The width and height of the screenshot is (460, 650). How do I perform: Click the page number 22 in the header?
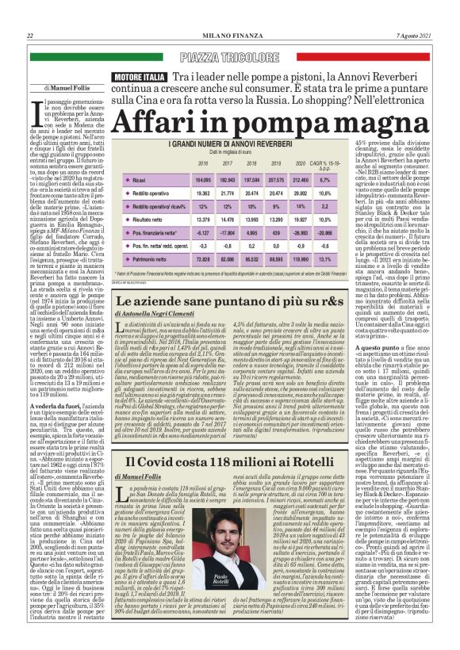(29, 36)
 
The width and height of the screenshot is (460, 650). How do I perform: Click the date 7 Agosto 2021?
(418, 36)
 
